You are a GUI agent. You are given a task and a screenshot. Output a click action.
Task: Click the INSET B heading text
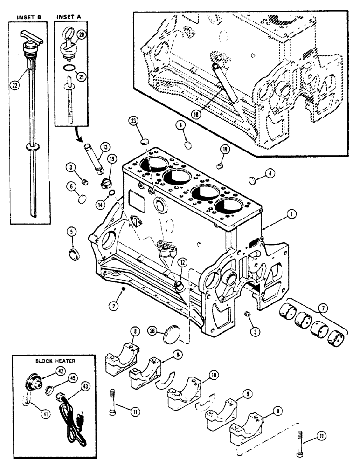pos(29,17)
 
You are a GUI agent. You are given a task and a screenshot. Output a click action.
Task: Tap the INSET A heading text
pos(69,17)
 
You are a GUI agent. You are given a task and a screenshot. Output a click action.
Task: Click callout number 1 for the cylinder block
pos(292,215)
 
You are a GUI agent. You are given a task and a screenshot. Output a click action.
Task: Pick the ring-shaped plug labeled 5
pos(74,254)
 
